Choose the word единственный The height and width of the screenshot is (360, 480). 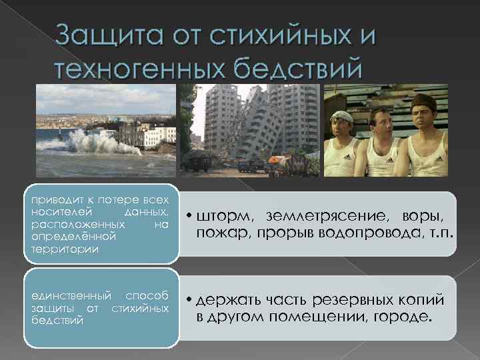(64, 296)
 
